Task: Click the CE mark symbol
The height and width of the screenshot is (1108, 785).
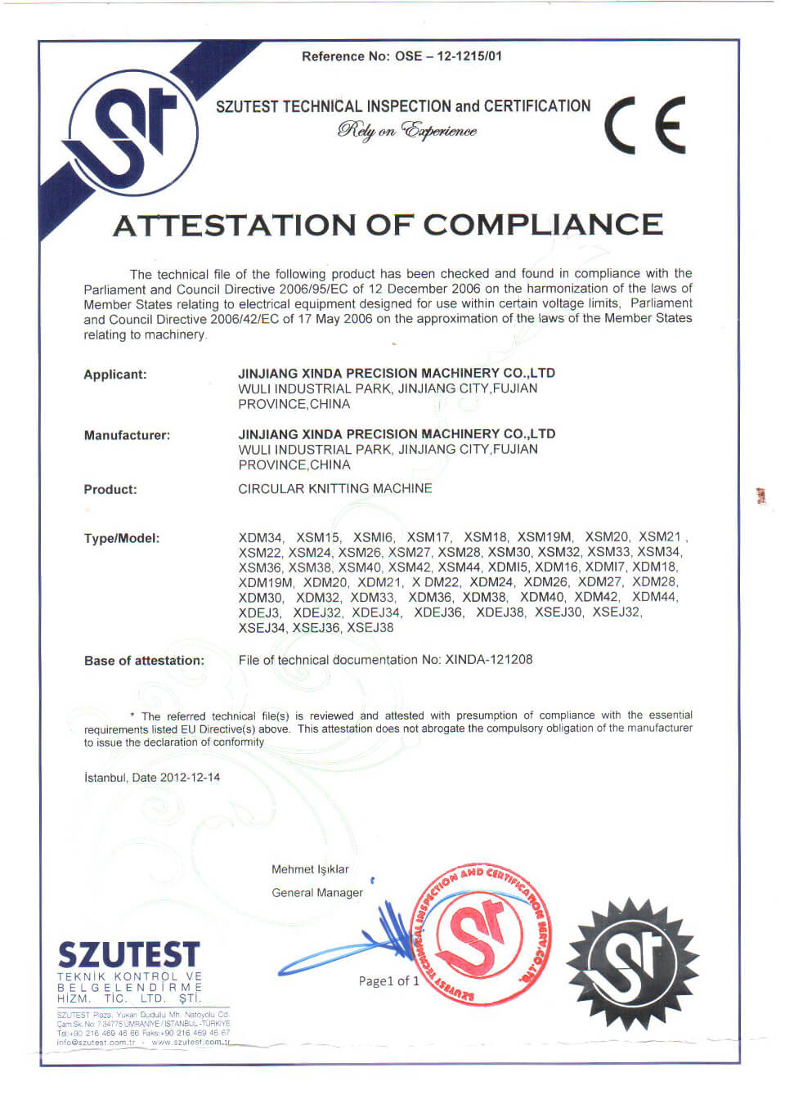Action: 645,125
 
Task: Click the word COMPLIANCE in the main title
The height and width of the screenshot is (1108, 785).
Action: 543,225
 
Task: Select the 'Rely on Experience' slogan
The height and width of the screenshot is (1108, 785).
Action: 406,131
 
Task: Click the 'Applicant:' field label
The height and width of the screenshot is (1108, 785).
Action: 115,375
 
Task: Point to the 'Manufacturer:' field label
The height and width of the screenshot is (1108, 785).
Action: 127,435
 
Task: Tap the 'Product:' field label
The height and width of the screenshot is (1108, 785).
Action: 110,489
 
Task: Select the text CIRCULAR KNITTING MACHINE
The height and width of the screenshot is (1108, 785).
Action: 335,488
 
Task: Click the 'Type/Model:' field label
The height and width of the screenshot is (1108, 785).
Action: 122,538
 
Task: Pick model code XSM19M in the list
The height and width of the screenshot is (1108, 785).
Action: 545,536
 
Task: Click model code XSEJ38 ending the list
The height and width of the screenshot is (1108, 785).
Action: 370,627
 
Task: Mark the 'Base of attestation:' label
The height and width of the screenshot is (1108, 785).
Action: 144,660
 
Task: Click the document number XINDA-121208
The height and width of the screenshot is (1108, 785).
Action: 489,659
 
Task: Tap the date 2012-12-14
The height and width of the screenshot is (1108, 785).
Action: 190,777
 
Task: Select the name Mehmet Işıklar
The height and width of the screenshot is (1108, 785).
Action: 310,869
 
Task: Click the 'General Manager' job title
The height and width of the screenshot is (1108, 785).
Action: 317,892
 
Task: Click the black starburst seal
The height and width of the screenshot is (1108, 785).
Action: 632,962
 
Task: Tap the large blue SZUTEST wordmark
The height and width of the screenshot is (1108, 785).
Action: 128,954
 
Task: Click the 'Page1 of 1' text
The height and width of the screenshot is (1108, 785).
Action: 388,980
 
